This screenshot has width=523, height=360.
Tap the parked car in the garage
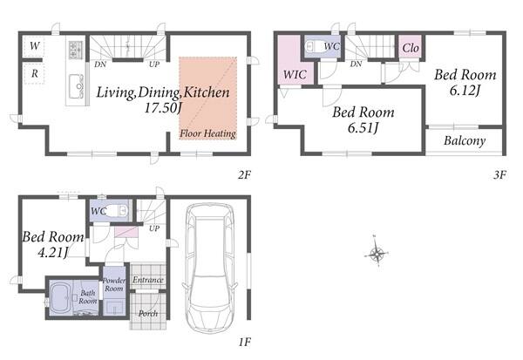[x=209, y=268]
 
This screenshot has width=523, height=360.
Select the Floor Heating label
[x=207, y=133]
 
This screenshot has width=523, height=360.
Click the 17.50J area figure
[x=163, y=107]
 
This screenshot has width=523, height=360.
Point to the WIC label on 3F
[x=295, y=74]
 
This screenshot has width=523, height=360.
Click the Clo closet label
[x=411, y=48]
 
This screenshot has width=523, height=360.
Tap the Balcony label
[x=465, y=140]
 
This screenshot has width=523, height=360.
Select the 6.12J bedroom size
[x=465, y=90]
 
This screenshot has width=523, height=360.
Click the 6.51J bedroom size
[x=363, y=127]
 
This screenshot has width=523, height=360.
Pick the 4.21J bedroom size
[x=52, y=252]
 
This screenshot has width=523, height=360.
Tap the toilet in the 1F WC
[x=118, y=211]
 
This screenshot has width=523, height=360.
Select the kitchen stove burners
[x=76, y=50]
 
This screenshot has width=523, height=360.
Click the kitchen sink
[x=77, y=86]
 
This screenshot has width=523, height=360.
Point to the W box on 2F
[x=34, y=46]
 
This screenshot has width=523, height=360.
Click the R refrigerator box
[x=34, y=74]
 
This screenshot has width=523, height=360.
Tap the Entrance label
[x=148, y=280]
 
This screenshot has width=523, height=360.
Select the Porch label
[x=148, y=314]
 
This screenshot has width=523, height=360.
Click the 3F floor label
[x=500, y=174]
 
